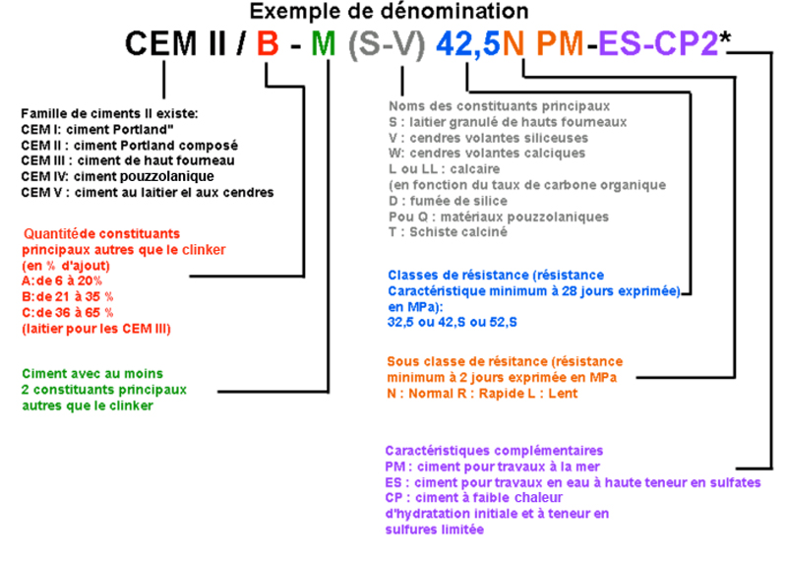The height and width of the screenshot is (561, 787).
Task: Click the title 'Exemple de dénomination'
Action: (389, 11)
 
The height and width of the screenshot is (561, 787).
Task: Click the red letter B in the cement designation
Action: (268, 43)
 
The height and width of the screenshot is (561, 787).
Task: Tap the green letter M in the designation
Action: (324, 43)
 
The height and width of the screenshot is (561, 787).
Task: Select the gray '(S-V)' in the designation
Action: (387, 44)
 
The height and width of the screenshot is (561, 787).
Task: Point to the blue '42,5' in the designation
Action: (468, 44)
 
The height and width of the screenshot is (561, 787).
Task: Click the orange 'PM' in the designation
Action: (560, 43)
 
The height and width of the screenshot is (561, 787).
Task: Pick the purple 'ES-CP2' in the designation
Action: (658, 43)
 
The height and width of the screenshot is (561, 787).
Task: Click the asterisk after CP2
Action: (725, 36)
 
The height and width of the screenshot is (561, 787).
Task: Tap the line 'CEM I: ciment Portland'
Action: (96, 130)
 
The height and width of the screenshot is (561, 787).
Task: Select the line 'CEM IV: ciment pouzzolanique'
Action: (117, 176)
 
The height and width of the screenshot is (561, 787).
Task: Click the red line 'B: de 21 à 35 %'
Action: (67, 296)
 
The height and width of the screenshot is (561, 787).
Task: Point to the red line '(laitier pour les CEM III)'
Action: (95, 329)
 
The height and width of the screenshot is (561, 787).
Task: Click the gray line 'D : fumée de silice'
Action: (448, 201)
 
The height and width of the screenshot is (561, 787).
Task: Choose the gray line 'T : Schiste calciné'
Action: (448, 232)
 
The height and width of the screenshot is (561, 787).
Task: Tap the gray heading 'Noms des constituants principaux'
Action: (500, 106)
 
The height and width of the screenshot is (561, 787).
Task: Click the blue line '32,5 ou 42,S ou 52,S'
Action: (453, 323)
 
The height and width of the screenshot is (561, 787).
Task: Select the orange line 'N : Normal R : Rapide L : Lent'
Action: (482, 394)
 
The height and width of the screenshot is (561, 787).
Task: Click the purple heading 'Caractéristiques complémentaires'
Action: (494, 451)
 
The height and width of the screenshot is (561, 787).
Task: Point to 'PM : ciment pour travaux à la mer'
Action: (493, 467)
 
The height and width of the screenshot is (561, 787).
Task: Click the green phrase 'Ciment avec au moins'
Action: (92, 374)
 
